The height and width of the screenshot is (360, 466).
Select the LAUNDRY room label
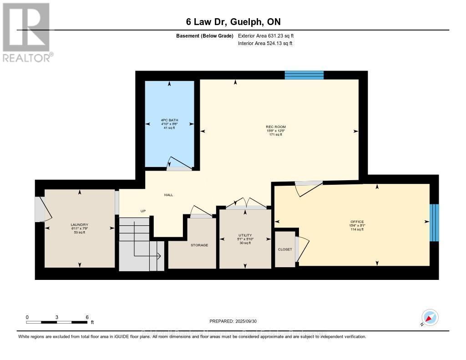coord(79,224)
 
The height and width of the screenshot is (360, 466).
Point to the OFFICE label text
coord(357,222)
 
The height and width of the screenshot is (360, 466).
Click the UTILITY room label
coord(245,235)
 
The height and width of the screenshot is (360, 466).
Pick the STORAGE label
coord(199,245)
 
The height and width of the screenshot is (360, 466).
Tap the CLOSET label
coord(285,249)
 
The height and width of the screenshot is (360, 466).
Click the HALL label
coord(168,195)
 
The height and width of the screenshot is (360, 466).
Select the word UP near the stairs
coord(143,211)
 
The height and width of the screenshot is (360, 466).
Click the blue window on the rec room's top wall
coord(304,75)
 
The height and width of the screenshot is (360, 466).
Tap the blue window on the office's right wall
coord(435,222)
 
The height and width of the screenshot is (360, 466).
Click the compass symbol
coord(430,317)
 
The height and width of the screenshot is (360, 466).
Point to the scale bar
coord(57,322)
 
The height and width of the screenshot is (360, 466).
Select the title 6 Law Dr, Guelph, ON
coord(233,22)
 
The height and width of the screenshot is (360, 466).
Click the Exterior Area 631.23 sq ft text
coord(269,35)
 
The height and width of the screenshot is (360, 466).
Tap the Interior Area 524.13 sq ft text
coord(265,44)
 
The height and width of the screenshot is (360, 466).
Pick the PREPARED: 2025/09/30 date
coord(233,321)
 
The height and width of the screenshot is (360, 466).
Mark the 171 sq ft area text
coord(275,135)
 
